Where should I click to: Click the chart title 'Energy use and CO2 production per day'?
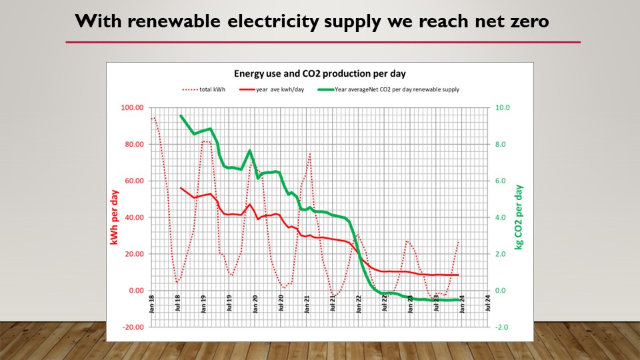[319, 73]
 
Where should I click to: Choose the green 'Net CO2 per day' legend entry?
[397, 89]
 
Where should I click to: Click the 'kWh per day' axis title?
[115, 217]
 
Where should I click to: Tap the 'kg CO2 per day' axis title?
[519, 217]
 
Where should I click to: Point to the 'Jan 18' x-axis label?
[152, 303]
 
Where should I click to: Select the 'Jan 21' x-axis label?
[307, 303]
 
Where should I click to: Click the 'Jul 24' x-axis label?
[489, 303]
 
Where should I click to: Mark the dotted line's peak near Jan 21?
[310, 153]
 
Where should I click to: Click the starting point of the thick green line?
[181, 115]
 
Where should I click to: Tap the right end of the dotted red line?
[459, 241]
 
